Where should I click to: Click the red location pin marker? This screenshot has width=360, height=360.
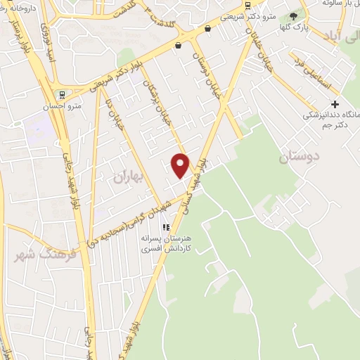click(x=181, y=165)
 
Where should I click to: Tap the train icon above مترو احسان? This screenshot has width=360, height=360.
click(x=62, y=94)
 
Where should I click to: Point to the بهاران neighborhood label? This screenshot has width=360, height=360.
click(x=127, y=179)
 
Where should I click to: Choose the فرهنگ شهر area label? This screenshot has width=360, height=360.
click(x=37, y=257)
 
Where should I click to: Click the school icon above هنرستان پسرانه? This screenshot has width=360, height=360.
click(x=167, y=227)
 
